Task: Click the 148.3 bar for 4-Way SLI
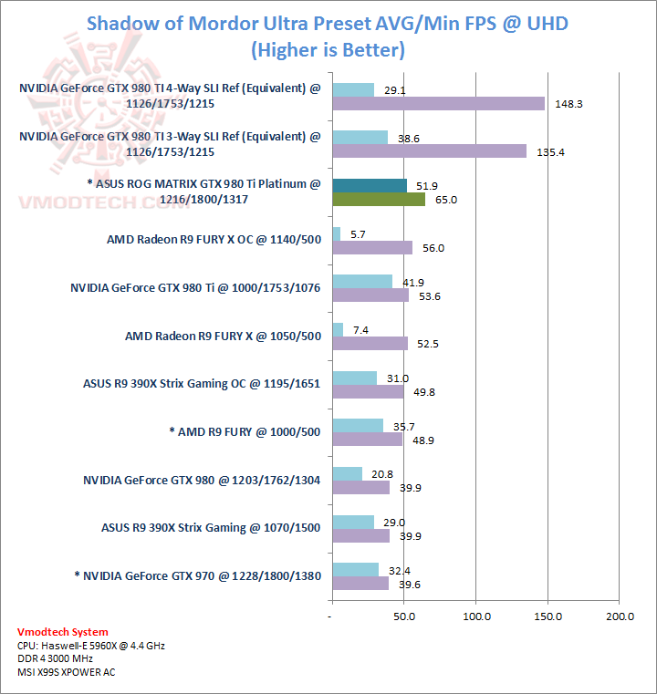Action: point(438,103)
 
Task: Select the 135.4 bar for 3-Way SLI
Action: point(429,151)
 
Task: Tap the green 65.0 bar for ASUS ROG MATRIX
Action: point(379,199)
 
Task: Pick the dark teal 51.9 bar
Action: point(370,185)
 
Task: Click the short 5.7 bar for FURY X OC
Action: point(336,233)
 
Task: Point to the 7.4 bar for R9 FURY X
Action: point(338,329)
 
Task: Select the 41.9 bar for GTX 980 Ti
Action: point(362,282)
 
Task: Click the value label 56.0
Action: point(433,247)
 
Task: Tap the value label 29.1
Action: point(395,90)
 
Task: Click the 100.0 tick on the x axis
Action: point(475,617)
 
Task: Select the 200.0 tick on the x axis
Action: point(620,617)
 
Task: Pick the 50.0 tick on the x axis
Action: point(404,617)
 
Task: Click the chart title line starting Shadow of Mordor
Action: point(328,23)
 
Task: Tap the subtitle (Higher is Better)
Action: point(328,48)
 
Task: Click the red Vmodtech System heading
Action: point(62,632)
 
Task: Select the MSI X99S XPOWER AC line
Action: point(67,672)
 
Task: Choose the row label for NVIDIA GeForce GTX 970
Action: point(196,575)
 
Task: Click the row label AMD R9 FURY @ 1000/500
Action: point(245,431)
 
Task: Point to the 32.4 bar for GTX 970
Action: point(356,569)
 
